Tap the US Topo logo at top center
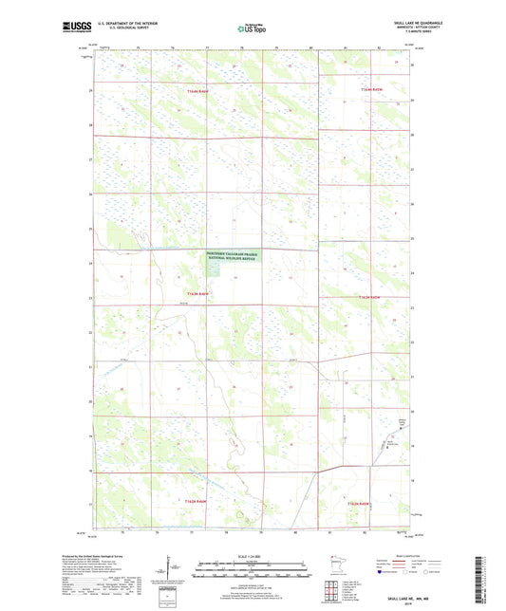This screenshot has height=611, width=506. click(253, 28)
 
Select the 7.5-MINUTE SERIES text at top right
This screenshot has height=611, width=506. click(422, 35)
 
